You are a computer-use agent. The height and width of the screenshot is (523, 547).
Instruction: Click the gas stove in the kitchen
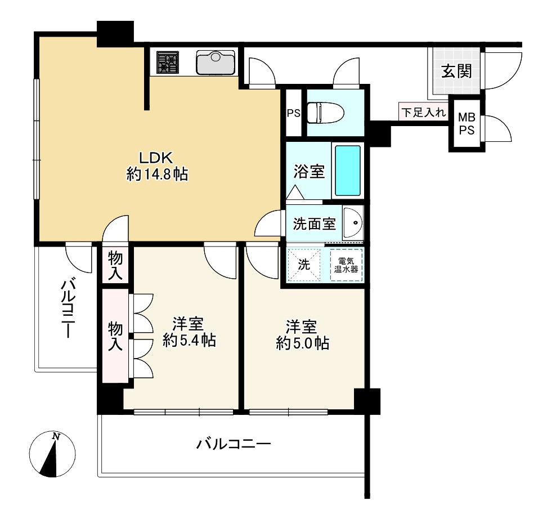[167, 62]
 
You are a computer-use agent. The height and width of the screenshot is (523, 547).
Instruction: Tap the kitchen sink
[216, 62]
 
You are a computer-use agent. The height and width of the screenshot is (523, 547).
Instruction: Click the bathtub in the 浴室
[347, 170]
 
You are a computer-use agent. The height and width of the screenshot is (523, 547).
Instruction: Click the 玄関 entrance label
[456, 71]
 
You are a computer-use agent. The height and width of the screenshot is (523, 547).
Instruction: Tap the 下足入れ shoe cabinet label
[423, 112]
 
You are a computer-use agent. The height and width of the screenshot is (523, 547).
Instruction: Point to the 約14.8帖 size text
[158, 175]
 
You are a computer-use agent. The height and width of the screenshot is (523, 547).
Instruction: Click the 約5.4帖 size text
[189, 341]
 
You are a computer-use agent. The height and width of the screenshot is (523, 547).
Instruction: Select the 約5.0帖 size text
[303, 343]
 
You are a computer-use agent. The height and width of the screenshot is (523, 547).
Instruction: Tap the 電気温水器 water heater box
[346, 265]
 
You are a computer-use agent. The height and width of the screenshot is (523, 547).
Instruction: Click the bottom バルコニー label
[234, 445]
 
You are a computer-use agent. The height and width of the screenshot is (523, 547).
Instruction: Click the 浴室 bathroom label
[309, 172]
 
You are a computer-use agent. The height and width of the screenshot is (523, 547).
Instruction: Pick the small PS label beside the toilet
[294, 113]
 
